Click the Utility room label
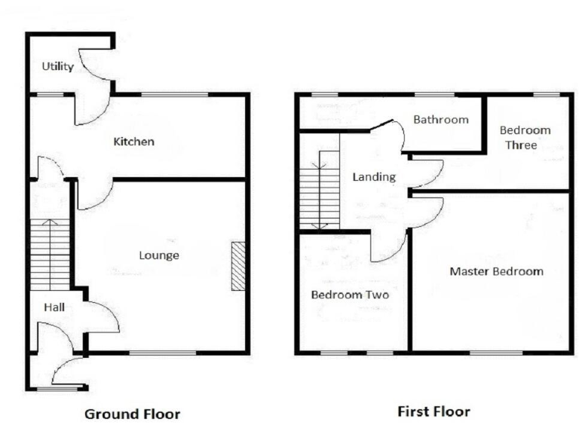click(x=57, y=67)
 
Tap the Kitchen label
click(x=133, y=142)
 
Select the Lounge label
click(x=159, y=255)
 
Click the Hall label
click(x=53, y=307)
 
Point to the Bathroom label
click(x=440, y=120)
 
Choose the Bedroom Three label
click(x=525, y=137)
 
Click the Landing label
click(x=374, y=177)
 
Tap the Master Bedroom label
click(x=496, y=271)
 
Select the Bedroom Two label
click(x=350, y=295)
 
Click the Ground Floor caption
click(x=132, y=414)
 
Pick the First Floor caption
click(x=433, y=412)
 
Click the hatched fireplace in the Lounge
click(x=238, y=266)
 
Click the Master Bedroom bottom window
click(x=495, y=352)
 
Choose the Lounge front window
click(x=162, y=353)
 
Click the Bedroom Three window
click(x=547, y=95)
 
